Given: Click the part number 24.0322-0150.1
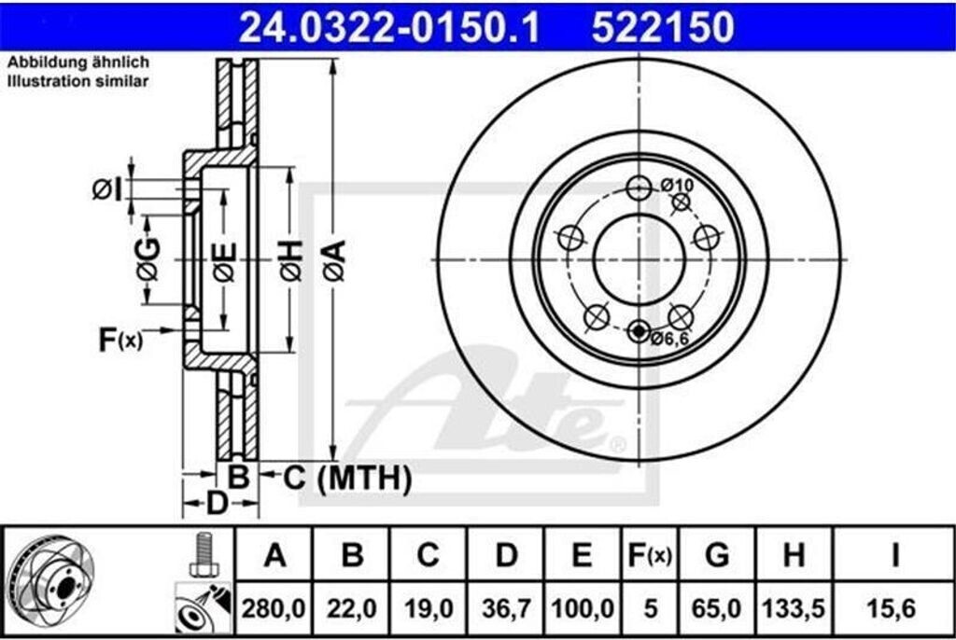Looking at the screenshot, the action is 389,27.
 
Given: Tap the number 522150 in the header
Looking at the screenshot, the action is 663,27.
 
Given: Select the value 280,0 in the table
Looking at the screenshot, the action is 274,608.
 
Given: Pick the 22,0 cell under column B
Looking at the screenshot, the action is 352,608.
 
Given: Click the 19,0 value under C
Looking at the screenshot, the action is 428,608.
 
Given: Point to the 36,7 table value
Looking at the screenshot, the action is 506,608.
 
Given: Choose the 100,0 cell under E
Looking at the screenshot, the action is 583,608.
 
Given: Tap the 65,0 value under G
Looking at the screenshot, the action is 716,608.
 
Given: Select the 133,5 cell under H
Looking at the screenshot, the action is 794,608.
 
